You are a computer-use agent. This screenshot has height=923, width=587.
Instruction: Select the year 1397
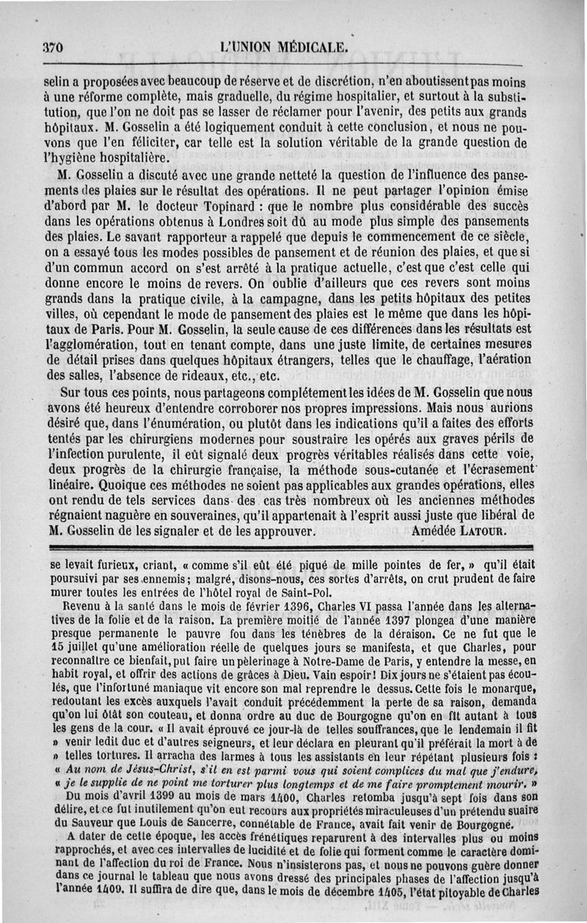click(360, 620)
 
